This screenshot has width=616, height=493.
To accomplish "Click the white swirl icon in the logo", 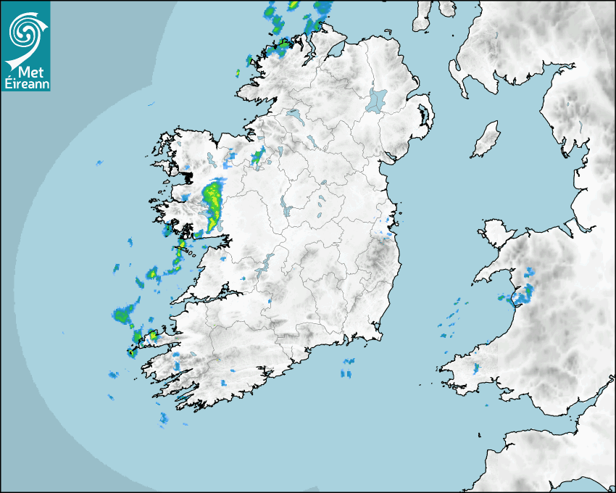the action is point(25,30).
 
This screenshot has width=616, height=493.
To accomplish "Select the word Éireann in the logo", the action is point(25,83).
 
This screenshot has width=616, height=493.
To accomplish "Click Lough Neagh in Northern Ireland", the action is point(377,100).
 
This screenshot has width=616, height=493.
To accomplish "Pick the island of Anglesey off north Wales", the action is point(494,232).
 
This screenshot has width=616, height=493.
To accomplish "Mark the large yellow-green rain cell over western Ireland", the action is point(212,203).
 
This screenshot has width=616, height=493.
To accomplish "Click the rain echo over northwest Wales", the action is point(525,291).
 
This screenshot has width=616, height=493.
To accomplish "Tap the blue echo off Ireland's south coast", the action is point(348,368).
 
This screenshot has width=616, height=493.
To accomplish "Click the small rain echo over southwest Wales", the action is point(476,368).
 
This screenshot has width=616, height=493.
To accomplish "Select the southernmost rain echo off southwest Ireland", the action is point(164,418).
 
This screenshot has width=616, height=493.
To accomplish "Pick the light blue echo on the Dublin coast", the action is point(386,233).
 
